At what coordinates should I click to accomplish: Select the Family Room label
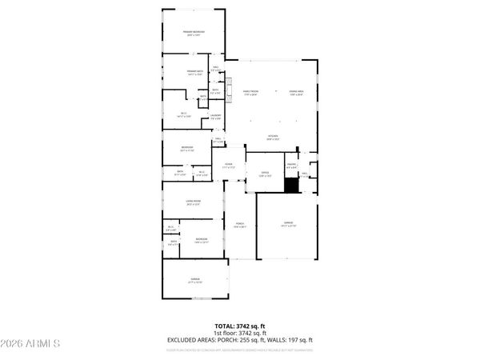tap(250, 92)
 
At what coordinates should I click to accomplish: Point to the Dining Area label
tap(296, 92)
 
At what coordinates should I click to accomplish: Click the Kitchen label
tap(273, 137)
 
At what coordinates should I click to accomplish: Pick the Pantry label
tap(292, 166)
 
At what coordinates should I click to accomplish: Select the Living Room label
tap(193, 202)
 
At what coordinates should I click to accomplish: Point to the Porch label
tap(238, 225)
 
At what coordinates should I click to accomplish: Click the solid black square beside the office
tap(292, 185)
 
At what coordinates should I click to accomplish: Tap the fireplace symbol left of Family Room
tap(228, 84)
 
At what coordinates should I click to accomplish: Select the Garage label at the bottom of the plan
tap(194, 282)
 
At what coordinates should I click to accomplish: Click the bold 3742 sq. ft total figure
tap(251, 326)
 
